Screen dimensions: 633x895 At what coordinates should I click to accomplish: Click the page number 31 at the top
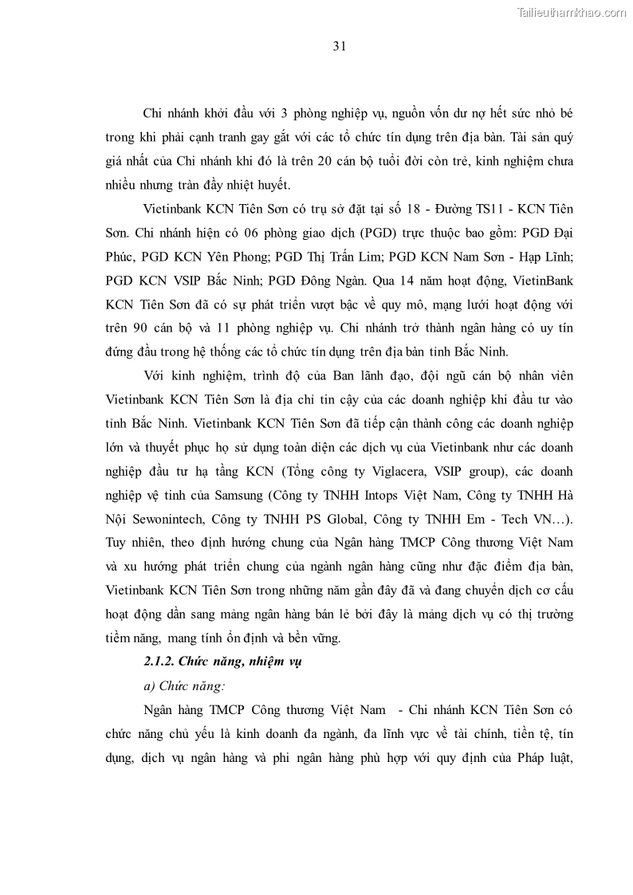[x=339, y=46]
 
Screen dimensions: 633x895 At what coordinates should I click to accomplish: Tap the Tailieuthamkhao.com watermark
[x=572, y=13]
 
